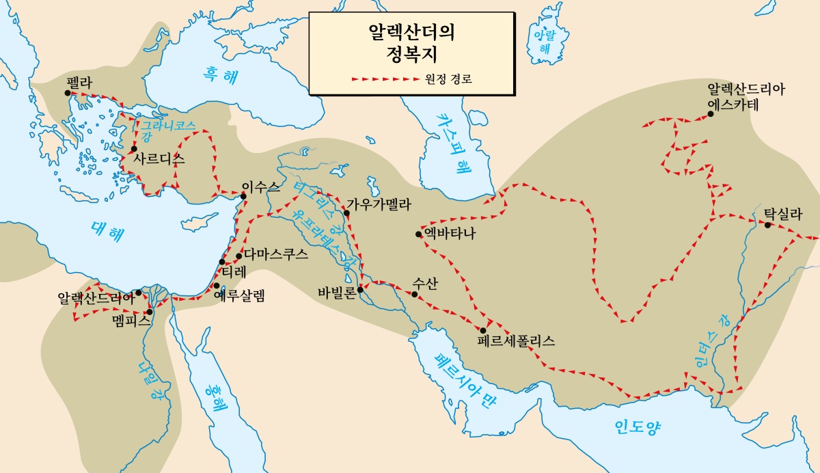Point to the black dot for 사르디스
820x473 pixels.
click(134, 149)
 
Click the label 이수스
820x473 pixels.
click(257, 185)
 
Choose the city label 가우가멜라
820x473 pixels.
click(379, 204)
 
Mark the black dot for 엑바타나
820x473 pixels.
click(418, 234)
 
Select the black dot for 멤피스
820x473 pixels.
click(150, 312)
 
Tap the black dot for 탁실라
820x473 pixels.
click(767, 226)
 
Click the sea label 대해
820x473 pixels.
click(108, 233)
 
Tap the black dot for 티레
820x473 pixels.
click(222, 262)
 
